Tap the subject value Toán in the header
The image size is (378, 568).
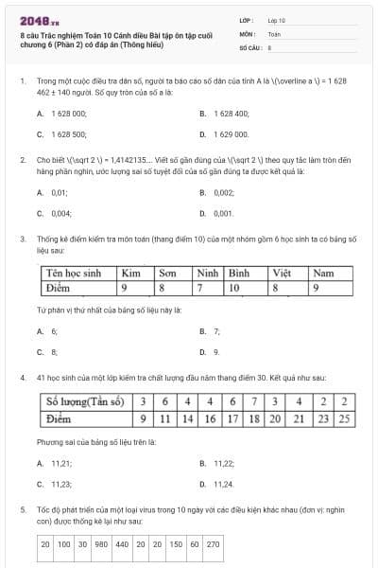pos(274,33)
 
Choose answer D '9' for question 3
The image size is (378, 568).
pos(216,352)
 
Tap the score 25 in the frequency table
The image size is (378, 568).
pos(345,417)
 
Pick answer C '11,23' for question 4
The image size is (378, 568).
pos(61,484)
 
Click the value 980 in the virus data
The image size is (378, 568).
pos(101,544)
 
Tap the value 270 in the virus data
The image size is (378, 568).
pos(213,544)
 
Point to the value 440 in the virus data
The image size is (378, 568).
pos(122,544)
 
